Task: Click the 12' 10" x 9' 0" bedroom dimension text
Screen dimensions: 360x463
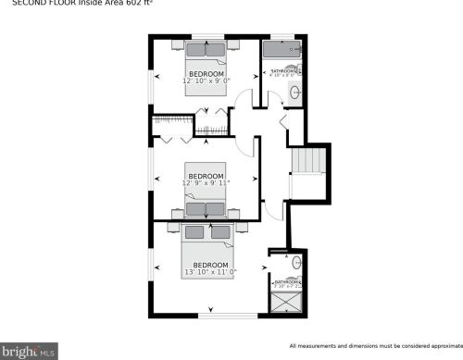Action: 206,81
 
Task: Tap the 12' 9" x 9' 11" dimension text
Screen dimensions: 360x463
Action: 206,183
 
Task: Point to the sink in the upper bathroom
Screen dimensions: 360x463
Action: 294,92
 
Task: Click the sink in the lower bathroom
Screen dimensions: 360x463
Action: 296,264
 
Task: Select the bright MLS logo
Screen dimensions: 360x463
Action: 29,351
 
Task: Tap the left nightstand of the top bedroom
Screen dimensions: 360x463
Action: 176,43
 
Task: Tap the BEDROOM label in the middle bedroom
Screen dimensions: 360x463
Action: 206,176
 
